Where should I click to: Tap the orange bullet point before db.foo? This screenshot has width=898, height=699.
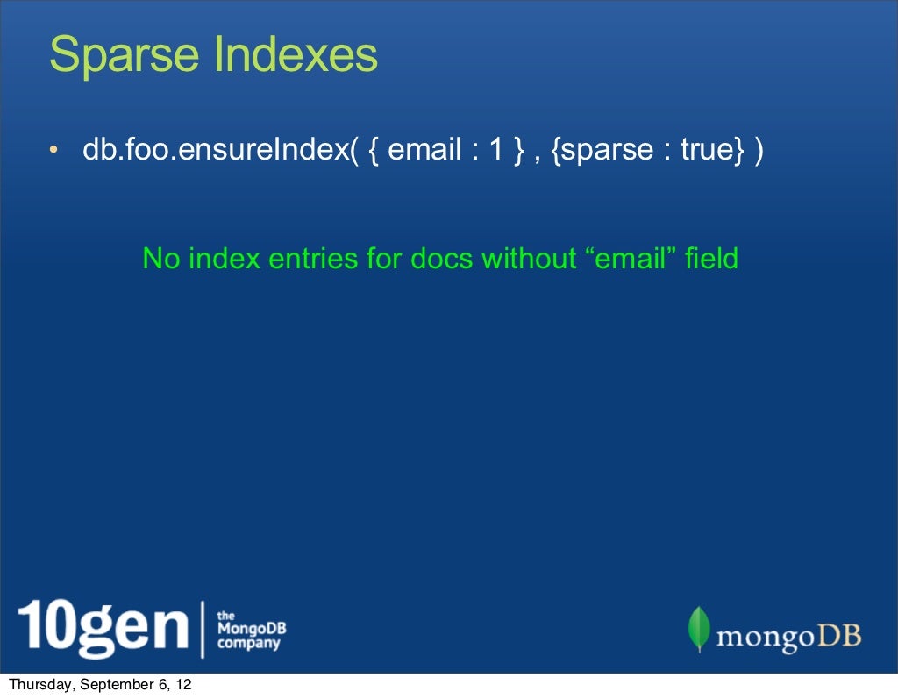(54, 152)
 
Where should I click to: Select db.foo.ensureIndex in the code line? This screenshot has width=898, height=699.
(216, 150)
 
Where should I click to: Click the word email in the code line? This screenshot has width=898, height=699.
(424, 150)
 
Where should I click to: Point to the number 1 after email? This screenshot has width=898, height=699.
(496, 150)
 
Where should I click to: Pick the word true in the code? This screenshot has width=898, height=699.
(707, 150)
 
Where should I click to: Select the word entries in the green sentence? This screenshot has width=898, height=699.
(316, 259)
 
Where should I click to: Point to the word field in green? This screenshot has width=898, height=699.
(712, 259)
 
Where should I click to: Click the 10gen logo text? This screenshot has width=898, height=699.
(103, 628)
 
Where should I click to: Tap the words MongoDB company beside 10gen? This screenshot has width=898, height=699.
(251, 631)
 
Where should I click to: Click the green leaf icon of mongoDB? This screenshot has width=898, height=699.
(699, 629)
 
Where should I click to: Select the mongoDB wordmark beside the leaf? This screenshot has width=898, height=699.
(789, 634)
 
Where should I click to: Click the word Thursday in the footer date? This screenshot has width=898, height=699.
(39, 686)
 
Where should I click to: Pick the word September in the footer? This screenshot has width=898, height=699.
(118, 686)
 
